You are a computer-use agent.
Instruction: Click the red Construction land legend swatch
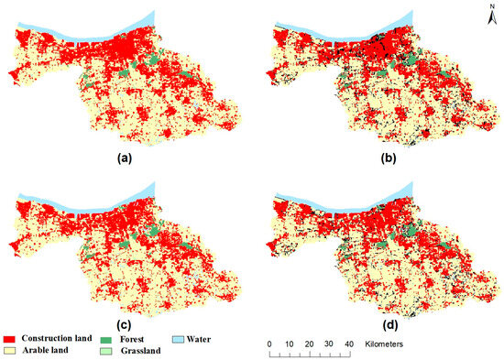pos(11,339)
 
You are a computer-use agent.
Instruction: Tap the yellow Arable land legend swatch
pos(11,350)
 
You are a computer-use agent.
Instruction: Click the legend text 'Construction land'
pos(57,339)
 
